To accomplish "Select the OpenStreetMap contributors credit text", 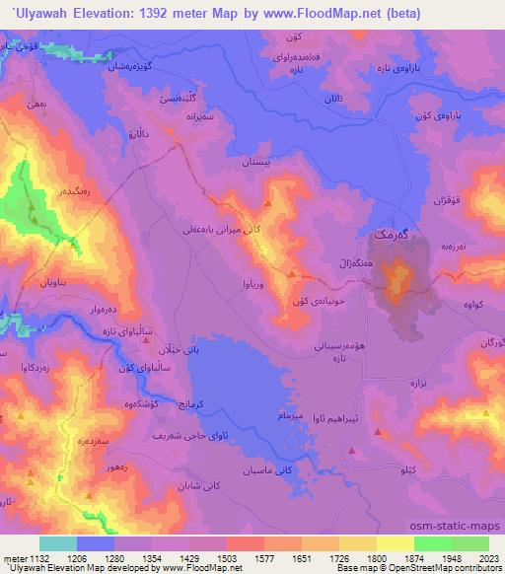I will pyautogui.click(x=452, y=568).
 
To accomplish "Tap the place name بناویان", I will pyautogui.click(x=54, y=283).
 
